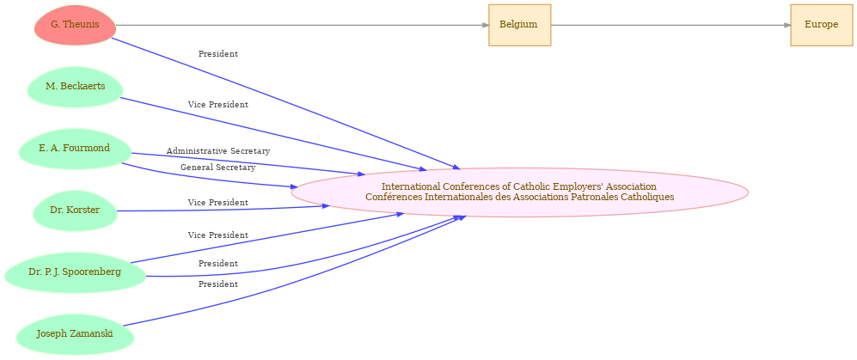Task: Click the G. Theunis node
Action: coord(75,25)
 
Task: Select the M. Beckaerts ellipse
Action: coord(75,87)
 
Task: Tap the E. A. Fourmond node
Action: coord(75,149)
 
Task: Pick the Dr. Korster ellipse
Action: coord(75,211)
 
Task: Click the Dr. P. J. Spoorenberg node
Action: coord(75,272)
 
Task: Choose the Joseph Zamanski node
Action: coord(75,334)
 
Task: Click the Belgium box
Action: coord(519,25)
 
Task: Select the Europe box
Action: coord(821,25)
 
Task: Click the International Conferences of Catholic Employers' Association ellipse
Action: coord(519,192)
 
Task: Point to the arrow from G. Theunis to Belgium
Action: coord(301,25)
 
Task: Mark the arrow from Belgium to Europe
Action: coord(670,25)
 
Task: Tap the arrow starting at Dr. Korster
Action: coord(223,209)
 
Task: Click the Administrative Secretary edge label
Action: coord(218,151)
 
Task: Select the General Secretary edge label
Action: coord(217,168)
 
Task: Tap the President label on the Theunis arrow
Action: coord(218,54)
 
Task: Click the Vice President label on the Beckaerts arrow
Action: coord(218,105)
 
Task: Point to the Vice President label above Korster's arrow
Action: coord(218,203)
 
